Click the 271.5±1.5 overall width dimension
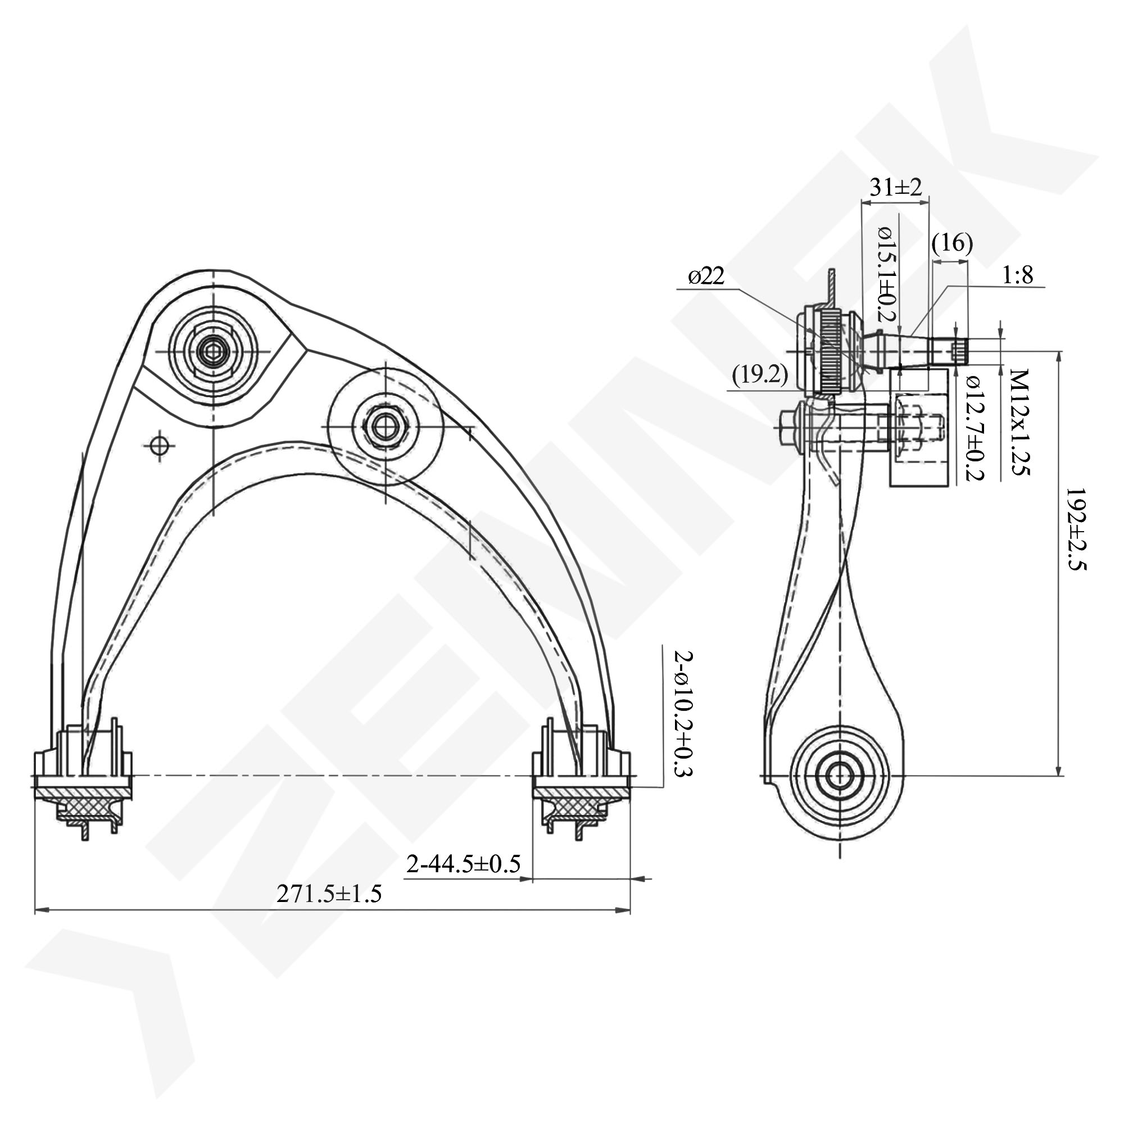click(329, 894)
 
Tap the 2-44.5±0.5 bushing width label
click(463, 864)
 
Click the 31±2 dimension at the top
click(895, 187)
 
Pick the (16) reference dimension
click(952, 243)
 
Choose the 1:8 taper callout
click(1018, 275)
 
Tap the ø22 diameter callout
click(706, 277)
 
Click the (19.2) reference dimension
click(760, 375)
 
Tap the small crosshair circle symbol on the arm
click(159, 446)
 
